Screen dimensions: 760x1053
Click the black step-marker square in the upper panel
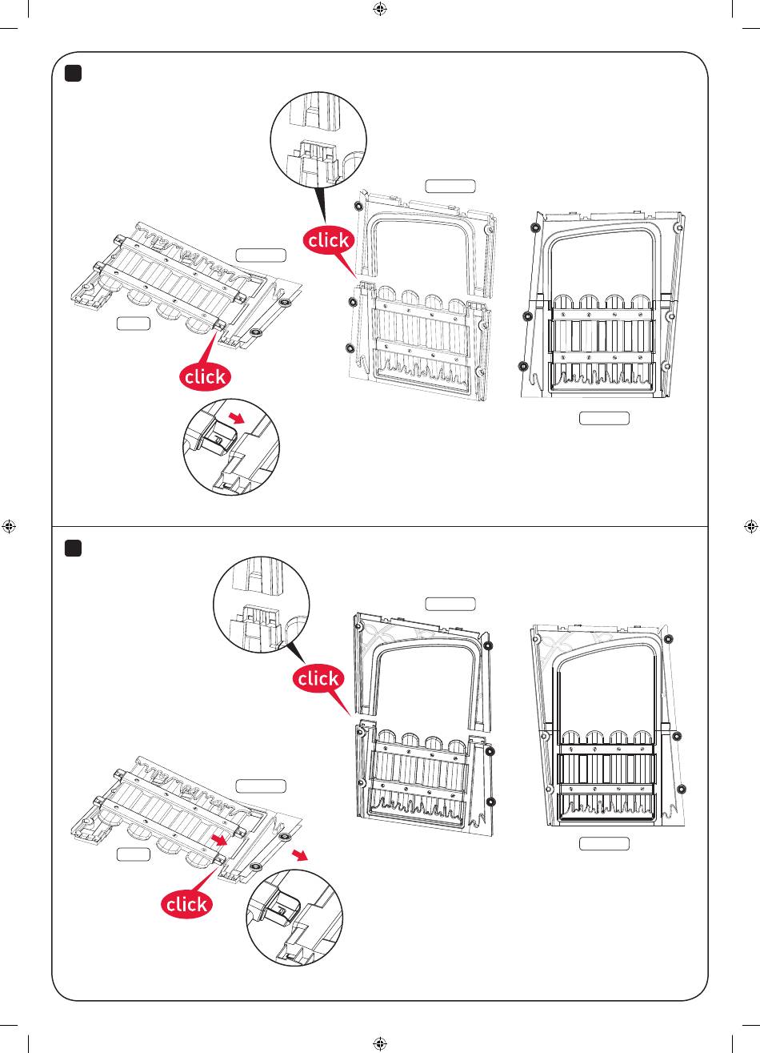(x=73, y=74)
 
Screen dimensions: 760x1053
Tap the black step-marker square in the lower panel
(x=73, y=549)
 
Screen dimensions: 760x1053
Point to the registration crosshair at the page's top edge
(x=380, y=9)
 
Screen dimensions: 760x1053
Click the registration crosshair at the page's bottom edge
(x=380, y=1044)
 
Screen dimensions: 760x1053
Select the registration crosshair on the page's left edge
(x=9, y=527)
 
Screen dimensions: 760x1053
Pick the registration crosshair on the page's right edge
(x=751, y=527)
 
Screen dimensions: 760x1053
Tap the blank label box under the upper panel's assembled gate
(x=604, y=418)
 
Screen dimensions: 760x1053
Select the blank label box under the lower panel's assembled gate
(x=604, y=844)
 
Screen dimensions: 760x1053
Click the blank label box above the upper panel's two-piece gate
(x=450, y=186)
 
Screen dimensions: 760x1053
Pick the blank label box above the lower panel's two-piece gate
(x=450, y=604)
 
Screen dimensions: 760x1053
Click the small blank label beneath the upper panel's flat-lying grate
(x=134, y=324)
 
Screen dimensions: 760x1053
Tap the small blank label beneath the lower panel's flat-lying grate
(x=134, y=854)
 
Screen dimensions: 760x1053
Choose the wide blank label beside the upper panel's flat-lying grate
(x=261, y=255)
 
